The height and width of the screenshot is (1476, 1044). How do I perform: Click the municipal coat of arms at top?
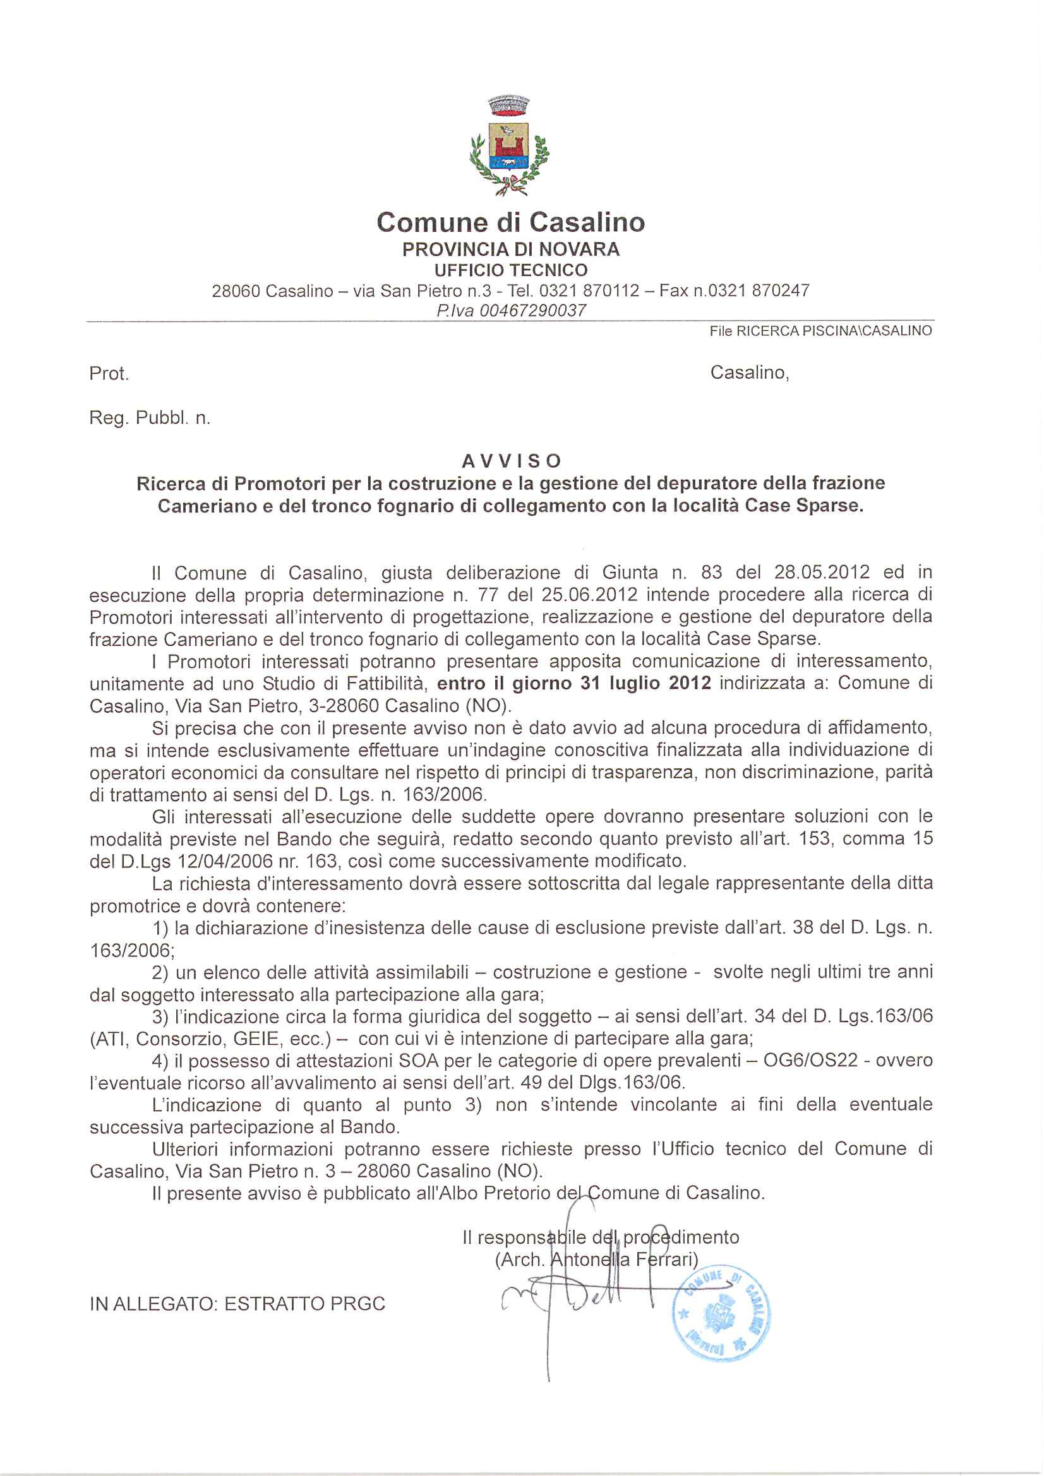[510, 145]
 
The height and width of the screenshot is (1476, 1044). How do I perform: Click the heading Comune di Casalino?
[510, 222]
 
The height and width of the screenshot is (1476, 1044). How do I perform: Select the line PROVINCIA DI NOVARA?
[510, 249]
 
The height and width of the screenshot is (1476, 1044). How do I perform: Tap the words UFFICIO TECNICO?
[510, 270]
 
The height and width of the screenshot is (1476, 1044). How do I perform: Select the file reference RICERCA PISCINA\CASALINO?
[834, 331]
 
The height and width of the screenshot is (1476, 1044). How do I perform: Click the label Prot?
[109, 374]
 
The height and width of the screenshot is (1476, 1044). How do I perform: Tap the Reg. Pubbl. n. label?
[149, 419]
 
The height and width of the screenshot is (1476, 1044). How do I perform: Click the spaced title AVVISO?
[512, 461]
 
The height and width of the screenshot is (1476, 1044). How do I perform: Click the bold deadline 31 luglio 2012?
[645, 682]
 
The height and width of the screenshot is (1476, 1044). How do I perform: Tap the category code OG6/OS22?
[810, 1060]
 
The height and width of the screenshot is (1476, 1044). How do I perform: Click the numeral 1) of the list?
[161, 927]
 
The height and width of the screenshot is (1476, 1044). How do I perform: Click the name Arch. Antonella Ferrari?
[596, 1259]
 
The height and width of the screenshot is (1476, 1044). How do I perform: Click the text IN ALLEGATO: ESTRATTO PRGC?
[237, 1304]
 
